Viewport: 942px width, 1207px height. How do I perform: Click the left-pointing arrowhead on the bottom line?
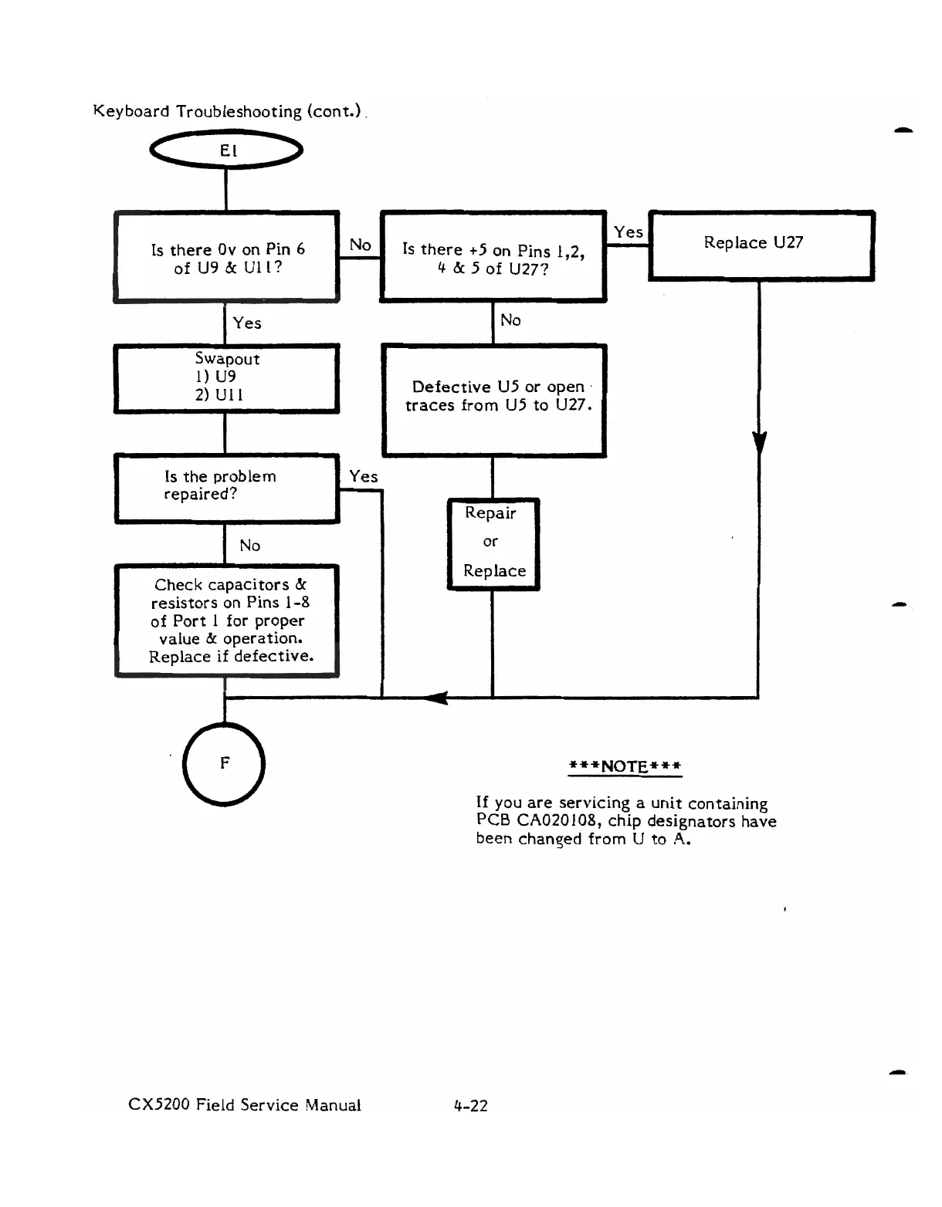click(435, 698)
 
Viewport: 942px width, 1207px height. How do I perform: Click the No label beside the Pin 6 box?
click(360, 245)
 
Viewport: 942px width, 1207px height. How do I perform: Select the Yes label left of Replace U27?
click(628, 232)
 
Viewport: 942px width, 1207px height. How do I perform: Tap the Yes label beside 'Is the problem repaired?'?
click(364, 477)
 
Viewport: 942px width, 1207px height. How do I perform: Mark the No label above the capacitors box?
click(249, 546)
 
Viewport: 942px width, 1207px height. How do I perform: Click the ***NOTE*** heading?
click(625, 766)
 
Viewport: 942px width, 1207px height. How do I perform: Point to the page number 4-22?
click(471, 1105)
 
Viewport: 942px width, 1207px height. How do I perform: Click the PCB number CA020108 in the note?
click(559, 820)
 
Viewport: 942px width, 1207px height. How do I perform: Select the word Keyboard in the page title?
click(131, 112)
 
